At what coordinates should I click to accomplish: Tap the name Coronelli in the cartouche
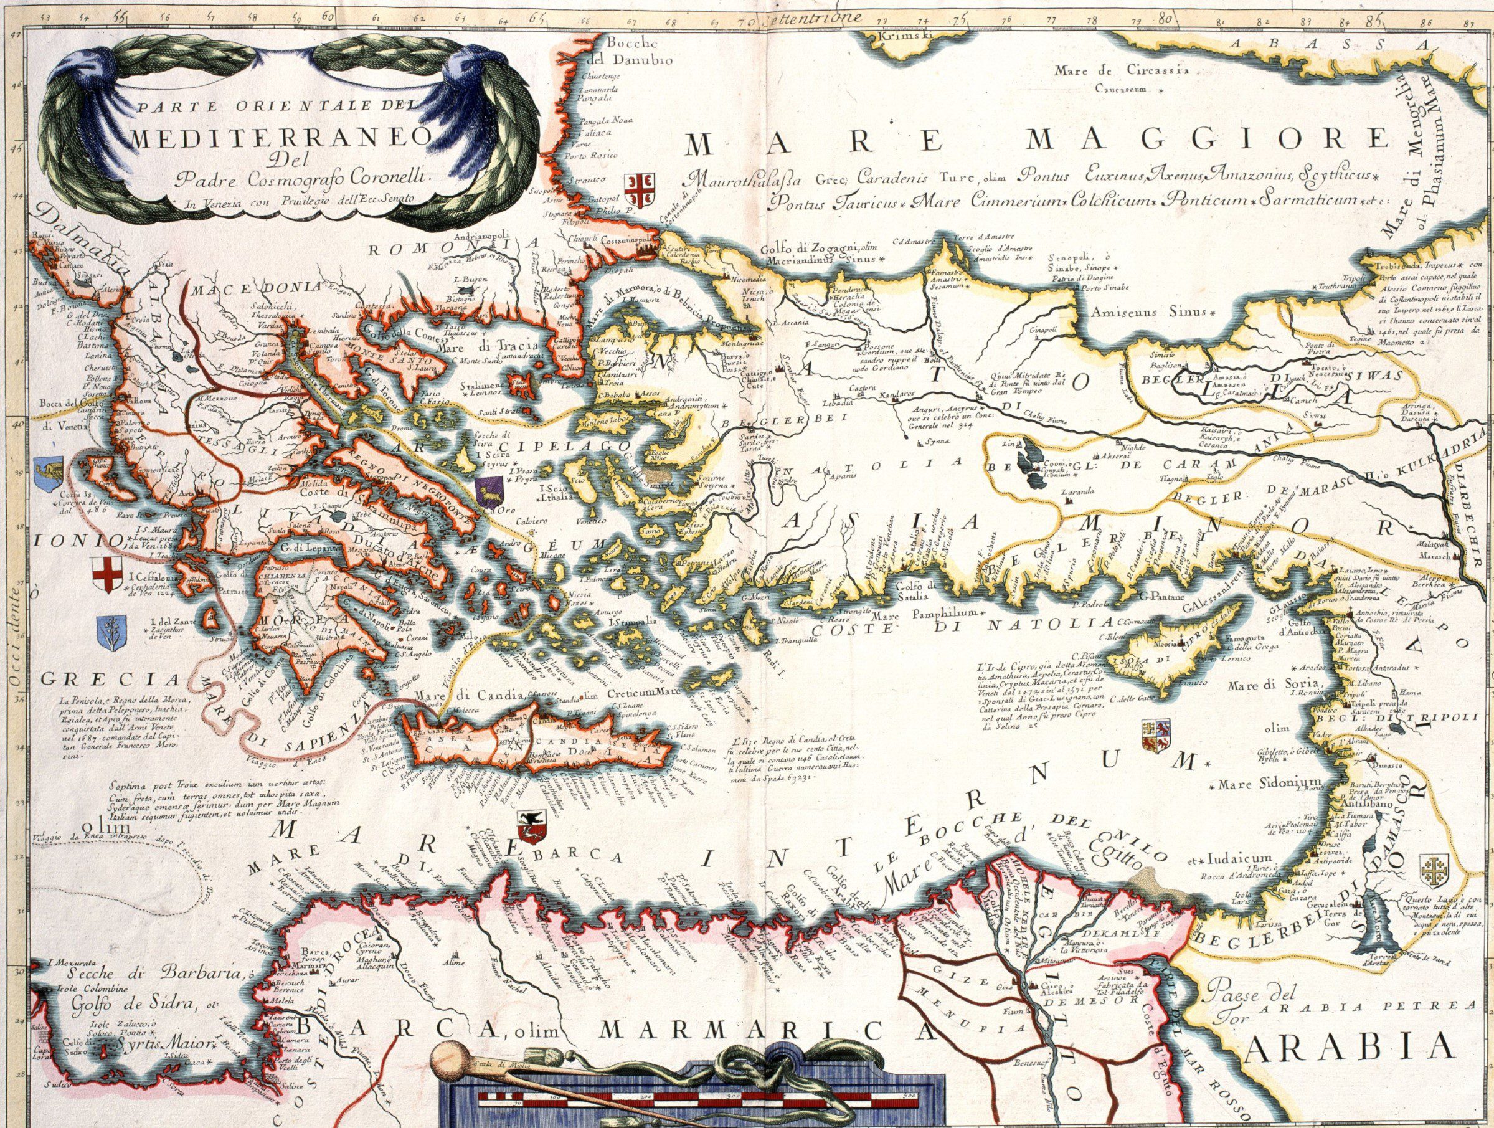point(392,177)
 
